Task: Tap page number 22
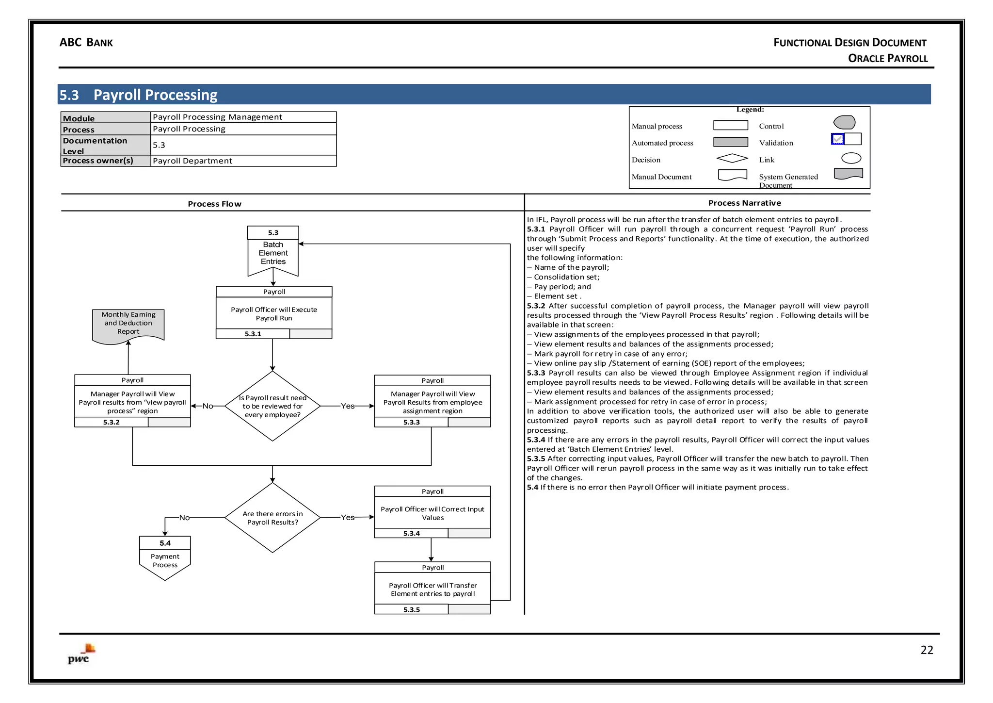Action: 927,650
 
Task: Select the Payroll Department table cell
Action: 243,161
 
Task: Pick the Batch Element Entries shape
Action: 273,252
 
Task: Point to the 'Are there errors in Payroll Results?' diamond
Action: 272,518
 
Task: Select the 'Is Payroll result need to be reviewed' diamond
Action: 272,406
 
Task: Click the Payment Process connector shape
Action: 165,558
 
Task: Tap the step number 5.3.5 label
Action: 412,609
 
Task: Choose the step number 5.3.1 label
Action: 253,334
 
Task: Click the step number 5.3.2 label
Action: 111,422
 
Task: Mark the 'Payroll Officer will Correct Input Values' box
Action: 432,513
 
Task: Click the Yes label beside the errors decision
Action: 348,517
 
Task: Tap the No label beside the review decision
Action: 208,406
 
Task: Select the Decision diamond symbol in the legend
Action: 732,158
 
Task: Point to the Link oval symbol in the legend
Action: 851,158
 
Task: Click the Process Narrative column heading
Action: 744,203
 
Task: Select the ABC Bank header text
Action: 86,43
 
